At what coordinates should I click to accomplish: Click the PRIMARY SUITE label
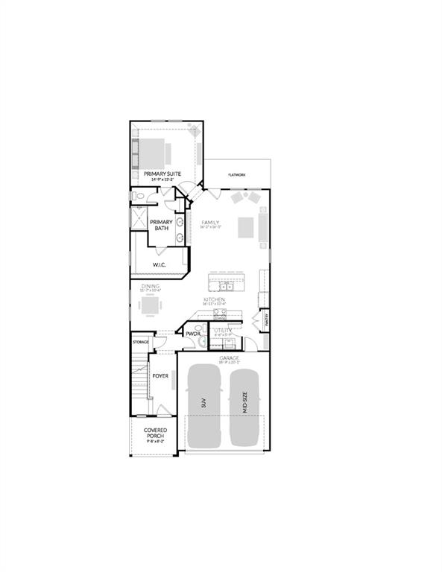click(x=162, y=174)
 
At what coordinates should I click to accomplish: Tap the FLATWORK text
click(x=238, y=175)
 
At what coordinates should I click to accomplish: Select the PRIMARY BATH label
click(x=161, y=225)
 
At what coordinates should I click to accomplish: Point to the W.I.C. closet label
click(x=160, y=264)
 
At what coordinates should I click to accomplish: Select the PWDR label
click(x=193, y=334)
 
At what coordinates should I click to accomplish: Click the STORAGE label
click(x=141, y=342)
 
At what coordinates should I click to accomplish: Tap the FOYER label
click(x=160, y=376)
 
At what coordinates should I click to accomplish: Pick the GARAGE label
click(x=229, y=358)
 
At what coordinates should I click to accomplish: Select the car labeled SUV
click(x=203, y=406)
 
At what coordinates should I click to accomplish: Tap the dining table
click(x=149, y=305)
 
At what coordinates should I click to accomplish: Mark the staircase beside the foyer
click(x=139, y=380)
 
